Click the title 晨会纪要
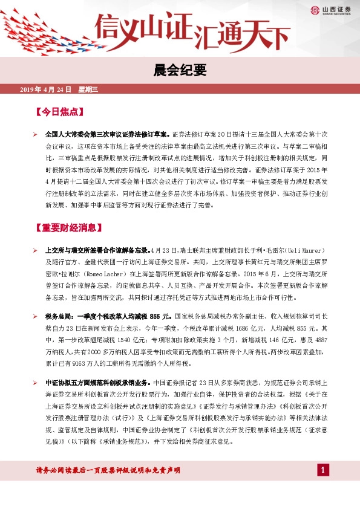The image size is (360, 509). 180,71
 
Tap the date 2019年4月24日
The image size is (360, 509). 46,90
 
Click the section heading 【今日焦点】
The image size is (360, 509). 62,112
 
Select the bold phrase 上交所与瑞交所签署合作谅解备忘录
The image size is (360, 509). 97,250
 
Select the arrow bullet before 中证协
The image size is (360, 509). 35,382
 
